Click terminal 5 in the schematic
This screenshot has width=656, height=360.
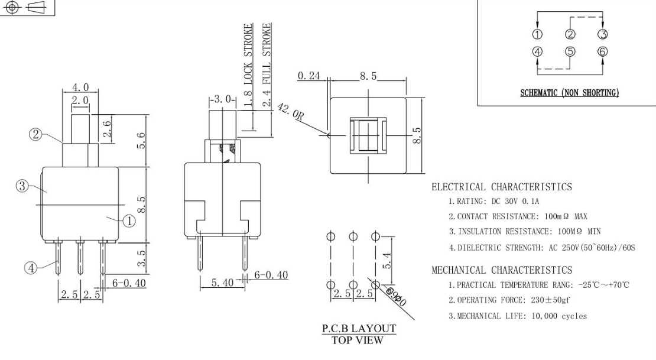coord(570,51)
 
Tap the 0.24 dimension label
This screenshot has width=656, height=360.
coord(306,76)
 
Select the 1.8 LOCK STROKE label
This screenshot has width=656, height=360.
coord(249,66)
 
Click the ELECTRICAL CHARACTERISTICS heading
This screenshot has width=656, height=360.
coord(502,187)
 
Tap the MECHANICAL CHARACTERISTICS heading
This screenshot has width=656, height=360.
coord(502,270)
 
